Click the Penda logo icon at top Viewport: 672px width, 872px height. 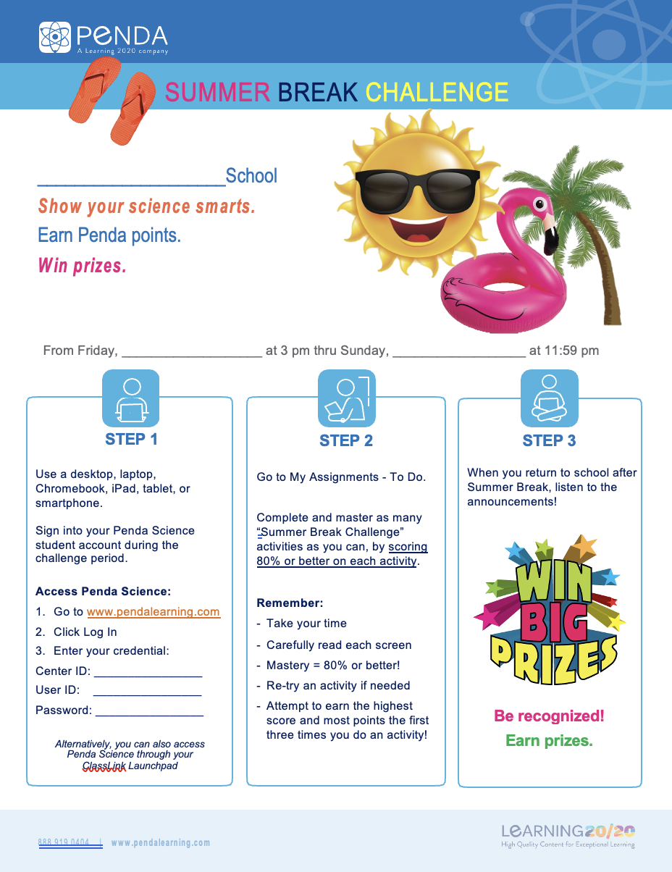55,37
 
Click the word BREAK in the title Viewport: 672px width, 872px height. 318,92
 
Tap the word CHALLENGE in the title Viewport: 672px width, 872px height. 437,92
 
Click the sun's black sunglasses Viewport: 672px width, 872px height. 403,190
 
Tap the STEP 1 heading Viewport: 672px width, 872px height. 131,439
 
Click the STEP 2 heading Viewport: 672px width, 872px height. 346,440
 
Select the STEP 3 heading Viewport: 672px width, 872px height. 549,440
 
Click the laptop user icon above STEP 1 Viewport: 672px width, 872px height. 131,398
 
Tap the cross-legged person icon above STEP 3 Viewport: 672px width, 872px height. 549,398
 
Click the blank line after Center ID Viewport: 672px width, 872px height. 148,671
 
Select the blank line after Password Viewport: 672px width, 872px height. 149,710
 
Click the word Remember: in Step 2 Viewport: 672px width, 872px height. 290,603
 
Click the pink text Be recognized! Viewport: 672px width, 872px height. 549,716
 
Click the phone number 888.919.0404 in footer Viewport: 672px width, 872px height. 64,842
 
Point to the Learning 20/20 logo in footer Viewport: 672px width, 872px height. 568,834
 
